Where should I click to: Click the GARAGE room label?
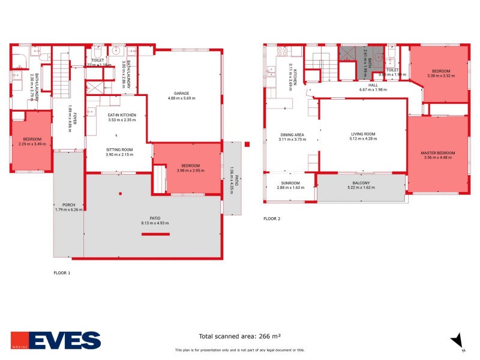pos(182,94)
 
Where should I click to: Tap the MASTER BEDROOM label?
pos(438,154)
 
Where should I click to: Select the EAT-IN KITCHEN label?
pos(122,115)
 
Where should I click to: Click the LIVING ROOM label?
pos(363,134)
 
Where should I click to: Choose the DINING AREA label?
pos(292,134)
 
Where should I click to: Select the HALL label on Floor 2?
pos(373,85)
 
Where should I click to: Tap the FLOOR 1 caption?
pos(62,272)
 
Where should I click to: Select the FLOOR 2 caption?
pos(272,218)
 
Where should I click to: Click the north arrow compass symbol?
pos(457,340)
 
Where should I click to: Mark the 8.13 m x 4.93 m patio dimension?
pos(155,223)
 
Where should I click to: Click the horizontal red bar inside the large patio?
pos(155,234)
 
